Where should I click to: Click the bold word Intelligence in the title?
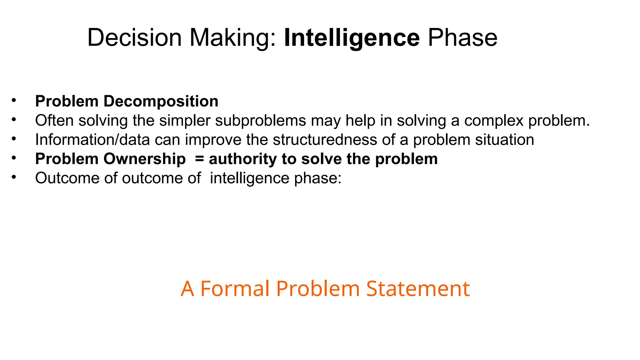point(352,38)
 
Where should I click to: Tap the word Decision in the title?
point(134,38)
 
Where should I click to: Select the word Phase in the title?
point(462,38)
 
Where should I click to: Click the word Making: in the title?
point(233,38)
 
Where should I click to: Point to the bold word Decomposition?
point(161,101)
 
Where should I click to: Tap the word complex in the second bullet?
point(494,121)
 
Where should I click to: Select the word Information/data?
point(92,140)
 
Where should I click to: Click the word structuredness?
point(325,140)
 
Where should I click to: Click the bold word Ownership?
point(144,159)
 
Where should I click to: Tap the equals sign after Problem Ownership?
point(199,159)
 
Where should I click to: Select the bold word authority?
point(242,159)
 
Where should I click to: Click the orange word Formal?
point(234,288)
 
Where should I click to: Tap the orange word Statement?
point(418,288)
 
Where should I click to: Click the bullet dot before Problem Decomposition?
point(13,101)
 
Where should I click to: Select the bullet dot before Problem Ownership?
point(13,158)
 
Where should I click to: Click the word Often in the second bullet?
point(54,121)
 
